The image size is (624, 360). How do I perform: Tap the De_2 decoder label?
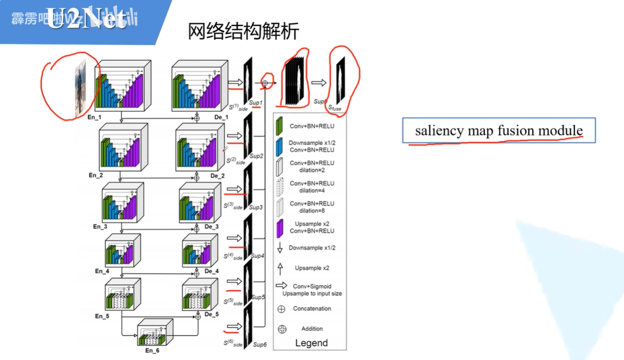(x=217, y=176)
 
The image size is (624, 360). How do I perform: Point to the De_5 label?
(x=211, y=314)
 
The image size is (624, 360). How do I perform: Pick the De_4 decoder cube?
(x=200, y=251)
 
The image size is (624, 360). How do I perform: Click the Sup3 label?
(x=256, y=207)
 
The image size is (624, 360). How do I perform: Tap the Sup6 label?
(x=260, y=344)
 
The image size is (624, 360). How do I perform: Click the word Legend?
(x=312, y=343)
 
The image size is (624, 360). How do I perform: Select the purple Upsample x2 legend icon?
(x=280, y=228)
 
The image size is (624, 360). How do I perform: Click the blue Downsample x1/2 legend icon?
(x=279, y=147)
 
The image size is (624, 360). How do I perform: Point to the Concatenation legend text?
(x=312, y=308)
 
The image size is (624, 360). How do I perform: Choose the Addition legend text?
(x=312, y=329)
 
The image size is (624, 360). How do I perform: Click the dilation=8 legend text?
(x=312, y=211)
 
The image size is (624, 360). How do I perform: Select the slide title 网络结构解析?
(x=243, y=31)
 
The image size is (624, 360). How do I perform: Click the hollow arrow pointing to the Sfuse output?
(x=319, y=83)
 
